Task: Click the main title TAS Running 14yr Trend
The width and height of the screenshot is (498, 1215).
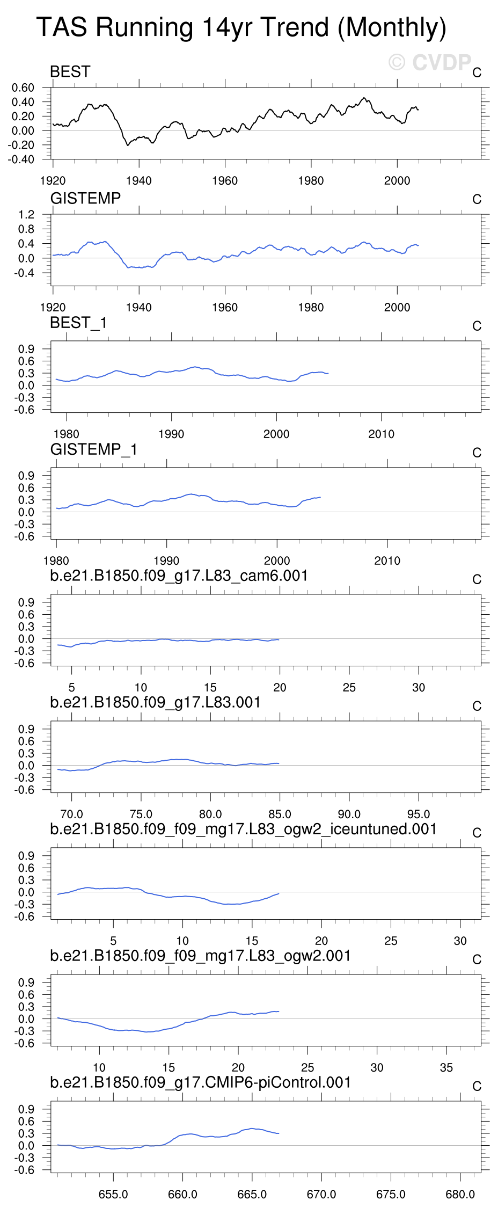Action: click(241, 27)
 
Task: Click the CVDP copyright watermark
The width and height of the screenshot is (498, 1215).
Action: click(430, 63)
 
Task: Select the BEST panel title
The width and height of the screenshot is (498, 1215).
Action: click(70, 72)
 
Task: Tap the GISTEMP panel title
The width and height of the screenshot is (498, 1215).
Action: click(85, 199)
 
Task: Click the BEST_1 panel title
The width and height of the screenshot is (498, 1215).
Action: click(78, 323)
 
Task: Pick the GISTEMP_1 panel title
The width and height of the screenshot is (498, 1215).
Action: click(94, 449)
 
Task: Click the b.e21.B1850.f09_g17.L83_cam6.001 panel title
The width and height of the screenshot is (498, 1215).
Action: click(179, 576)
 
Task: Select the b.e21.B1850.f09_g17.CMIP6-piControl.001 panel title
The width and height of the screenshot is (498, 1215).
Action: click(200, 1082)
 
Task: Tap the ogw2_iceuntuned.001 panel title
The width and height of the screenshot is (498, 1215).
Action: click(243, 830)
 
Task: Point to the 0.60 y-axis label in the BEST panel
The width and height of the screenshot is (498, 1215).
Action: click(23, 88)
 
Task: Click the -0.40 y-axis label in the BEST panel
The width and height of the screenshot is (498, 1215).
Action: click(21, 159)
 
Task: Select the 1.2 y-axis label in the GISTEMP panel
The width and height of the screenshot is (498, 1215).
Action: click(26, 215)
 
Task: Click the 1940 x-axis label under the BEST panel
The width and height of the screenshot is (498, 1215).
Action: click(138, 181)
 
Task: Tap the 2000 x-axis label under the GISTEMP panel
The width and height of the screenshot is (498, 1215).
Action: click(397, 308)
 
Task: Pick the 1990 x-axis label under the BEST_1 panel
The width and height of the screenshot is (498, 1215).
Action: click(171, 434)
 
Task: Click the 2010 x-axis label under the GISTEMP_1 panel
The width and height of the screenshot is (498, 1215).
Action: click(387, 561)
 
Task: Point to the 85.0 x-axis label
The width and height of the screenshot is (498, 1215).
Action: click(280, 814)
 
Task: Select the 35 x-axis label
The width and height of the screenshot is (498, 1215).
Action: click(446, 1067)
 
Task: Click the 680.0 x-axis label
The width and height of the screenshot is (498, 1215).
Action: click(460, 1194)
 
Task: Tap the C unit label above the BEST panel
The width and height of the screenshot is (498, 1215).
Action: click(477, 72)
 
